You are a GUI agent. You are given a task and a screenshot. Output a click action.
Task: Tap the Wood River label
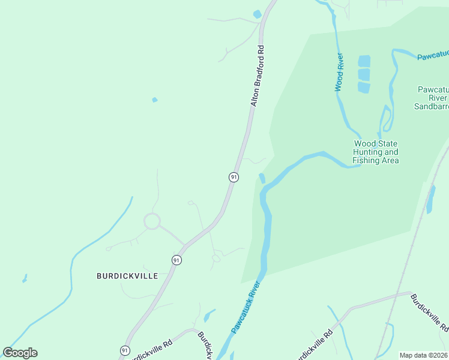click(339, 72)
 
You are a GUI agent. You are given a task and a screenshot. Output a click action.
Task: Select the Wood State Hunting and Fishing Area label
click(375, 152)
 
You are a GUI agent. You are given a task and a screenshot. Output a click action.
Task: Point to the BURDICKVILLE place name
click(127, 276)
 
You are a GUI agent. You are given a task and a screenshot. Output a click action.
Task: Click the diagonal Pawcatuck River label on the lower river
click(247, 307)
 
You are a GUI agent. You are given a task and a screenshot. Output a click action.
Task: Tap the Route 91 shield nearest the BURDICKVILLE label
click(176, 260)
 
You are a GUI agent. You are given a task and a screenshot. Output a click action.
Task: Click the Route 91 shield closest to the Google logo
click(125, 350)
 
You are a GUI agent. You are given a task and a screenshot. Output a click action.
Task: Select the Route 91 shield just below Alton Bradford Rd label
click(234, 177)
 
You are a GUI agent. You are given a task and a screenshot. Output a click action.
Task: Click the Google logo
click(20, 353)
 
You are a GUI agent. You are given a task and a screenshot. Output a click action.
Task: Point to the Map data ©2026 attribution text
click(423, 355)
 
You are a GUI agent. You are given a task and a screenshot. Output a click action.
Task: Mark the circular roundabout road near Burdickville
click(152, 221)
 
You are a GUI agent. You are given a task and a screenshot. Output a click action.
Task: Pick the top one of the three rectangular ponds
click(364, 61)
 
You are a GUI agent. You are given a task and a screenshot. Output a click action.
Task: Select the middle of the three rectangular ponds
click(364, 74)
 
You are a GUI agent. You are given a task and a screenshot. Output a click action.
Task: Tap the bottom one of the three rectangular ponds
click(364, 88)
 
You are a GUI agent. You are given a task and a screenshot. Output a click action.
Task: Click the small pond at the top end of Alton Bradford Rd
click(258, 14)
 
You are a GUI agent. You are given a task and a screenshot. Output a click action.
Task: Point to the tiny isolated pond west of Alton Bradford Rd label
click(155, 100)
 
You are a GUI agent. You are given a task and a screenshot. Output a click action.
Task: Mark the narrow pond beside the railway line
click(430, 199)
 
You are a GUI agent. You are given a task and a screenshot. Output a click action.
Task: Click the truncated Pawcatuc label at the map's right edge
click(433, 56)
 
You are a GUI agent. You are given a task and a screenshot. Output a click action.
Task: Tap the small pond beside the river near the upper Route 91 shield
click(262, 178)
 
